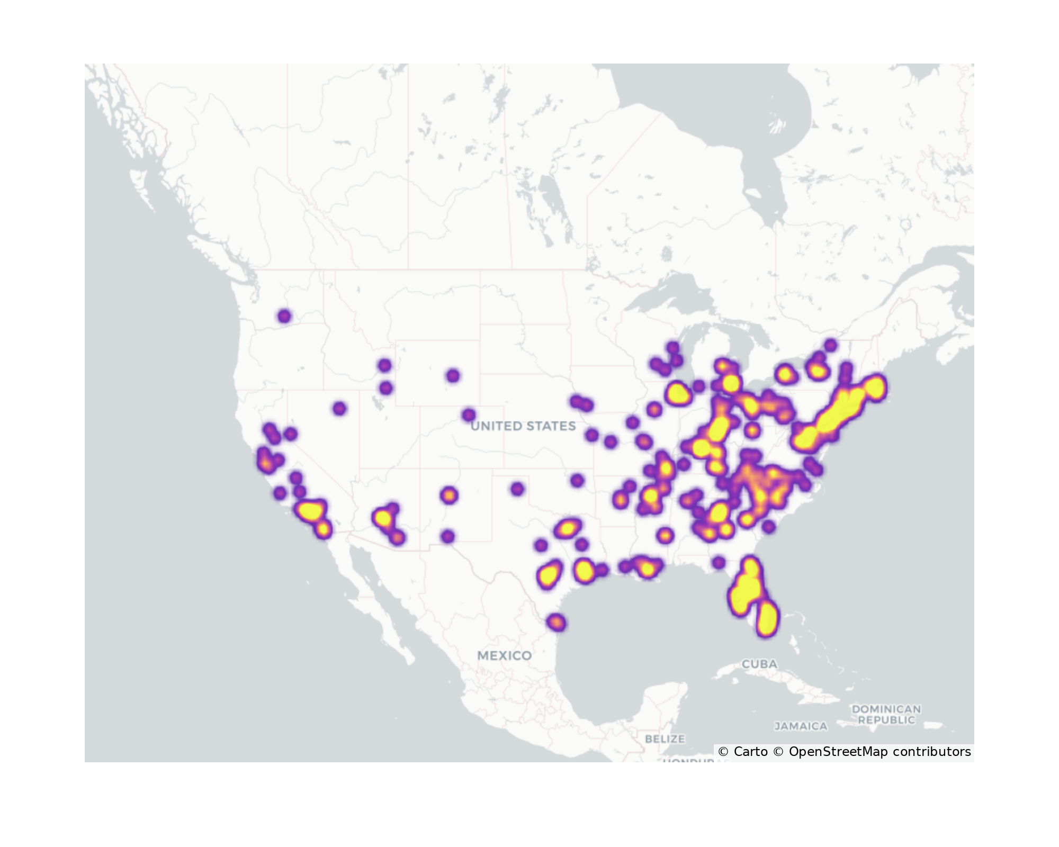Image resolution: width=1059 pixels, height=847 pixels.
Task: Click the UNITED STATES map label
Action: click(x=523, y=426)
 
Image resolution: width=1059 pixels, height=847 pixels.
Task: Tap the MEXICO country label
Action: click(x=504, y=655)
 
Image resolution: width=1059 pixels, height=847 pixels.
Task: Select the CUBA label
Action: click(x=759, y=664)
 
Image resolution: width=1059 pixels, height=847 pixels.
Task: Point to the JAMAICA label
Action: click(x=801, y=726)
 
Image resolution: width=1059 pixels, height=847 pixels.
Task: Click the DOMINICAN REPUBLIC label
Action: click(x=886, y=714)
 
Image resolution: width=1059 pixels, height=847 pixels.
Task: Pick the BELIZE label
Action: click(x=665, y=738)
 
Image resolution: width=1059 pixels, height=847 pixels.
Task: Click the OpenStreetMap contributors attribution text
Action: click(x=879, y=752)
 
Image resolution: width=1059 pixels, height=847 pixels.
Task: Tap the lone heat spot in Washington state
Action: click(x=284, y=317)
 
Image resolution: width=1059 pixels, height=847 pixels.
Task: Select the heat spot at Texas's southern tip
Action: click(x=556, y=623)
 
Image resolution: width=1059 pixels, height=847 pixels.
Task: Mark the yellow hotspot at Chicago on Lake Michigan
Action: click(x=678, y=393)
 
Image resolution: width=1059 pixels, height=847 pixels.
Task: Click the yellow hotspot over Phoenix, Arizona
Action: click(x=382, y=517)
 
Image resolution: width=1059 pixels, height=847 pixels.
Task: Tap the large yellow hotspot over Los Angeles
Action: click(x=310, y=511)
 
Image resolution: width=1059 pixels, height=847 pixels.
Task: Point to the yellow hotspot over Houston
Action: click(x=584, y=571)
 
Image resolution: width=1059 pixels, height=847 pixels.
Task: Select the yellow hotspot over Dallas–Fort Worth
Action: click(x=567, y=528)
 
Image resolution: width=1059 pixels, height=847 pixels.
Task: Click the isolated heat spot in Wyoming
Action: click(x=452, y=376)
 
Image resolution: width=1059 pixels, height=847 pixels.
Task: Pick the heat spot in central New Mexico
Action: click(x=449, y=495)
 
